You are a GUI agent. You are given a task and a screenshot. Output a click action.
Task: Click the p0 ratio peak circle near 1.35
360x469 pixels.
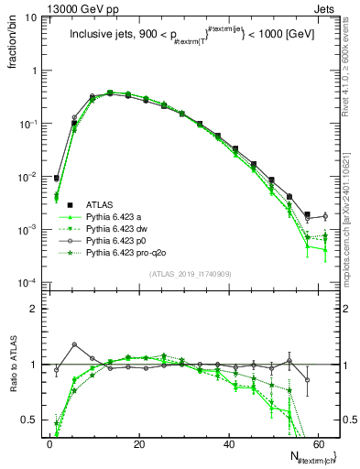[74, 344]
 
